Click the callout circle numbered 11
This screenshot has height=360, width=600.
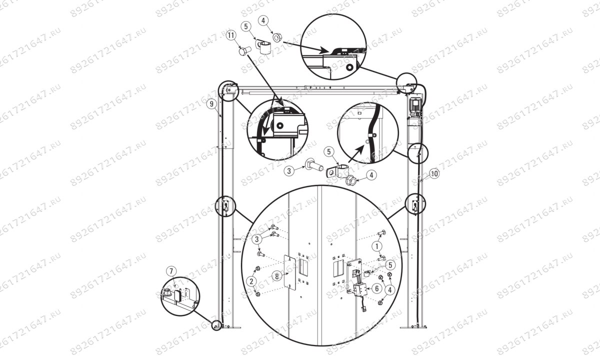(x=230, y=36)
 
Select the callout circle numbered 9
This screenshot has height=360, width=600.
(x=212, y=104)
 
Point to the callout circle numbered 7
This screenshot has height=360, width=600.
(x=171, y=271)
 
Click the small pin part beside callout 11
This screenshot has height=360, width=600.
(x=243, y=50)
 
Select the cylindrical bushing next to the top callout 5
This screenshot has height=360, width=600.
(x=265, y=48)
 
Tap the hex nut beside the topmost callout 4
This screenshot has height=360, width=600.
(x=276, y=37)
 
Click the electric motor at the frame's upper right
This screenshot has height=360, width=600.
(x=415, y=106)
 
